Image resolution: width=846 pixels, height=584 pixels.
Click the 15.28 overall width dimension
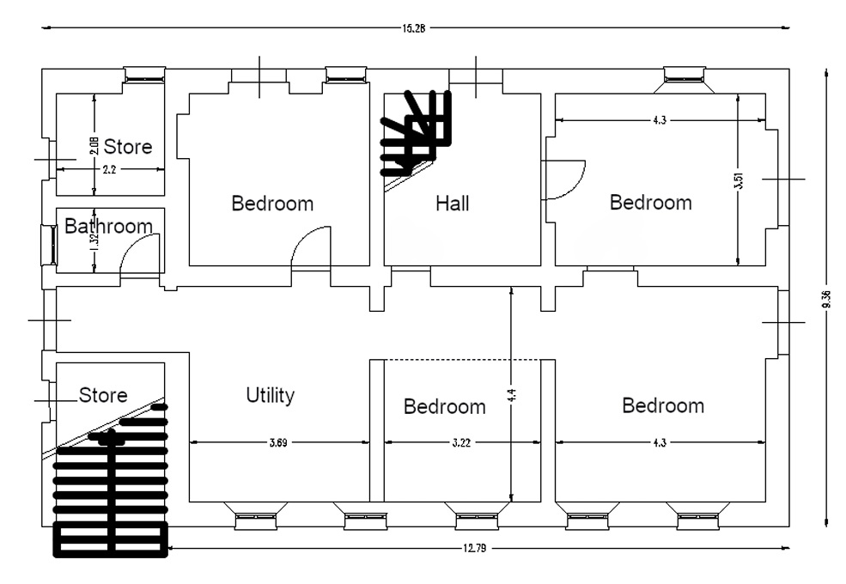[413, 28]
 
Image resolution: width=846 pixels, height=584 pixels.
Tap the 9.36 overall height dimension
[826, 299]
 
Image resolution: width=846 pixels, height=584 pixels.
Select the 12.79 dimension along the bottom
[475, 549]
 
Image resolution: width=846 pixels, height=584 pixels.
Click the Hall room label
[452, 204]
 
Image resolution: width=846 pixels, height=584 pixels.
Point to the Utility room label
[271, 395]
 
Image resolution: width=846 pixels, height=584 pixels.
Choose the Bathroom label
[108, 226]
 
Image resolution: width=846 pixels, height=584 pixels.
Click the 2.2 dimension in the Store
[109, 169]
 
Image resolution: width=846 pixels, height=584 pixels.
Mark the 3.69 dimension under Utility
[278, 442]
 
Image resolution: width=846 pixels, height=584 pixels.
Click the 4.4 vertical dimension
[512, 394]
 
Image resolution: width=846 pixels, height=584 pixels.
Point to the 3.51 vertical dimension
[739, 180]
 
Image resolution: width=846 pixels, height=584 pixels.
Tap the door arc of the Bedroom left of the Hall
[302, 235]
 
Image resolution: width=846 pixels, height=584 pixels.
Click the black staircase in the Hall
[416, 134]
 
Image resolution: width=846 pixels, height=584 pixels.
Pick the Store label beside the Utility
[103, 395]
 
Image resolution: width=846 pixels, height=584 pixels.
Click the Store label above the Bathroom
[128, 146]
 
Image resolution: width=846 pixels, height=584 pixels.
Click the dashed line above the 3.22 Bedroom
[461, 360]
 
